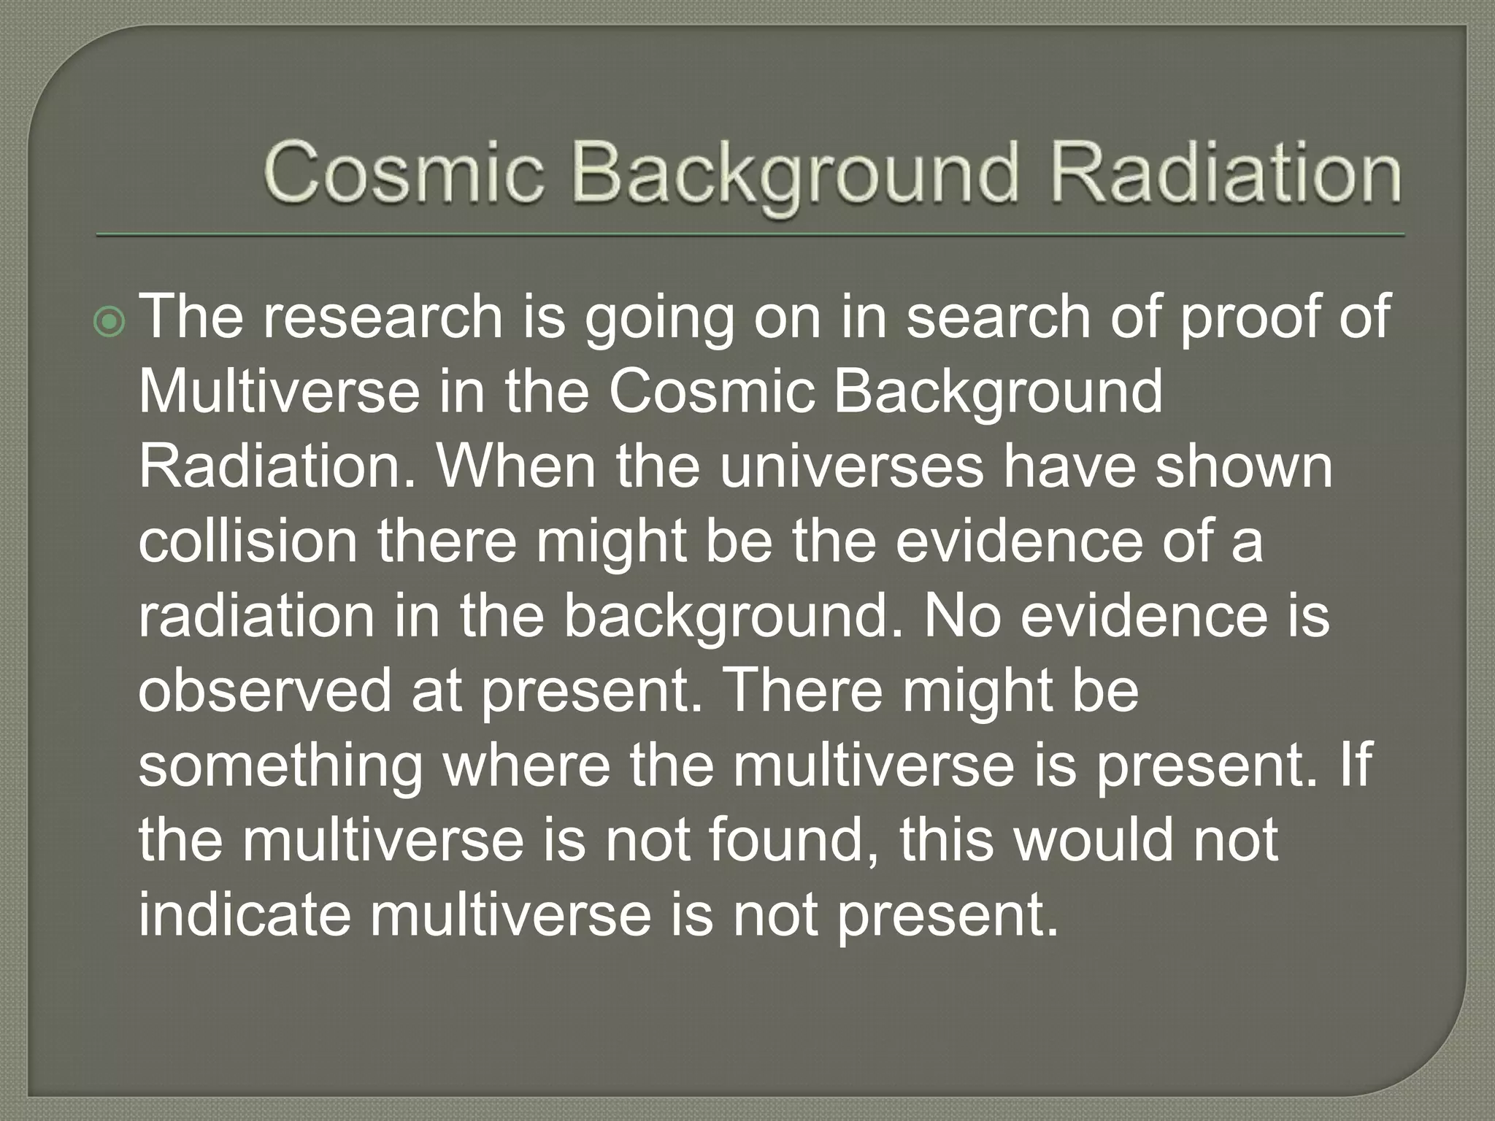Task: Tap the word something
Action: click(281, 767)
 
